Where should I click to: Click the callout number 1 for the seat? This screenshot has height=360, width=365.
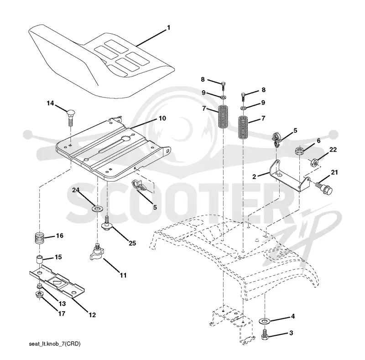168,28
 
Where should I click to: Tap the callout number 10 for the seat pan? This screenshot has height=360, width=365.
162,118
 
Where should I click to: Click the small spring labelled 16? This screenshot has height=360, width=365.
40,238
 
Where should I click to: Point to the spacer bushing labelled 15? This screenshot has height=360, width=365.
40,259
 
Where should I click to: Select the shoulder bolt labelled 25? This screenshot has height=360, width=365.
107,223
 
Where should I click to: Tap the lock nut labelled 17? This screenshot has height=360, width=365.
39,295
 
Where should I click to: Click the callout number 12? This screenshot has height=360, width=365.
92,315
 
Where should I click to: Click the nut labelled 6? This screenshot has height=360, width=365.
299,150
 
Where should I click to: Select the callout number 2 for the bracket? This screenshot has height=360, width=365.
254,176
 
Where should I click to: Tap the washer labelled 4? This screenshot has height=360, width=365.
263,321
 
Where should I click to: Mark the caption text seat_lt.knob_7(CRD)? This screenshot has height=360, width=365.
55,344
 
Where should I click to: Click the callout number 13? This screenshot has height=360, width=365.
62,303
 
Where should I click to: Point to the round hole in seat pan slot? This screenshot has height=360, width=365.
126,139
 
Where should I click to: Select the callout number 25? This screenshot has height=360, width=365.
132,243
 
